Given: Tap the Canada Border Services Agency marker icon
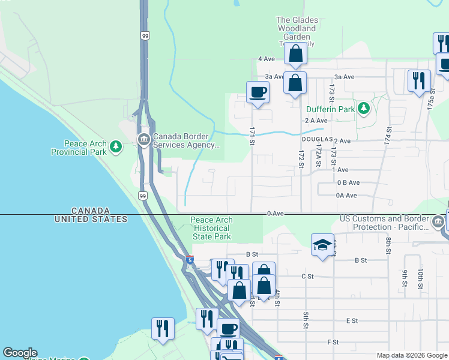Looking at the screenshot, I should coord(143,140).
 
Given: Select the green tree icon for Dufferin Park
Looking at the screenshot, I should coord(363,108).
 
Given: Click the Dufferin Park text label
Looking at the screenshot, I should coord(330,110).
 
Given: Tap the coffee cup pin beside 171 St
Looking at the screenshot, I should coord(258,93).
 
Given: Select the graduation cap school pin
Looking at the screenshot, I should coord(322,245).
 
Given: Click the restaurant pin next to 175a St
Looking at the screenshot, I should coord(419,80).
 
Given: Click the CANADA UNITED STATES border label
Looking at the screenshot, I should coord(91,215).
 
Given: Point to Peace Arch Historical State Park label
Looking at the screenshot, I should coord(211,228).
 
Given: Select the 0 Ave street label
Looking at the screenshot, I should coord(276,214).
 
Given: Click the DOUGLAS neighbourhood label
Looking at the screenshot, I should coord(317,139).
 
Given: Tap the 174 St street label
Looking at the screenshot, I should coord(389,134).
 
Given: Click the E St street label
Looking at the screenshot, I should coord(352,321).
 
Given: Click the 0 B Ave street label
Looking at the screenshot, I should coord(348,182).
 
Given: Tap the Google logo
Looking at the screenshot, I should coord(20,353).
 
